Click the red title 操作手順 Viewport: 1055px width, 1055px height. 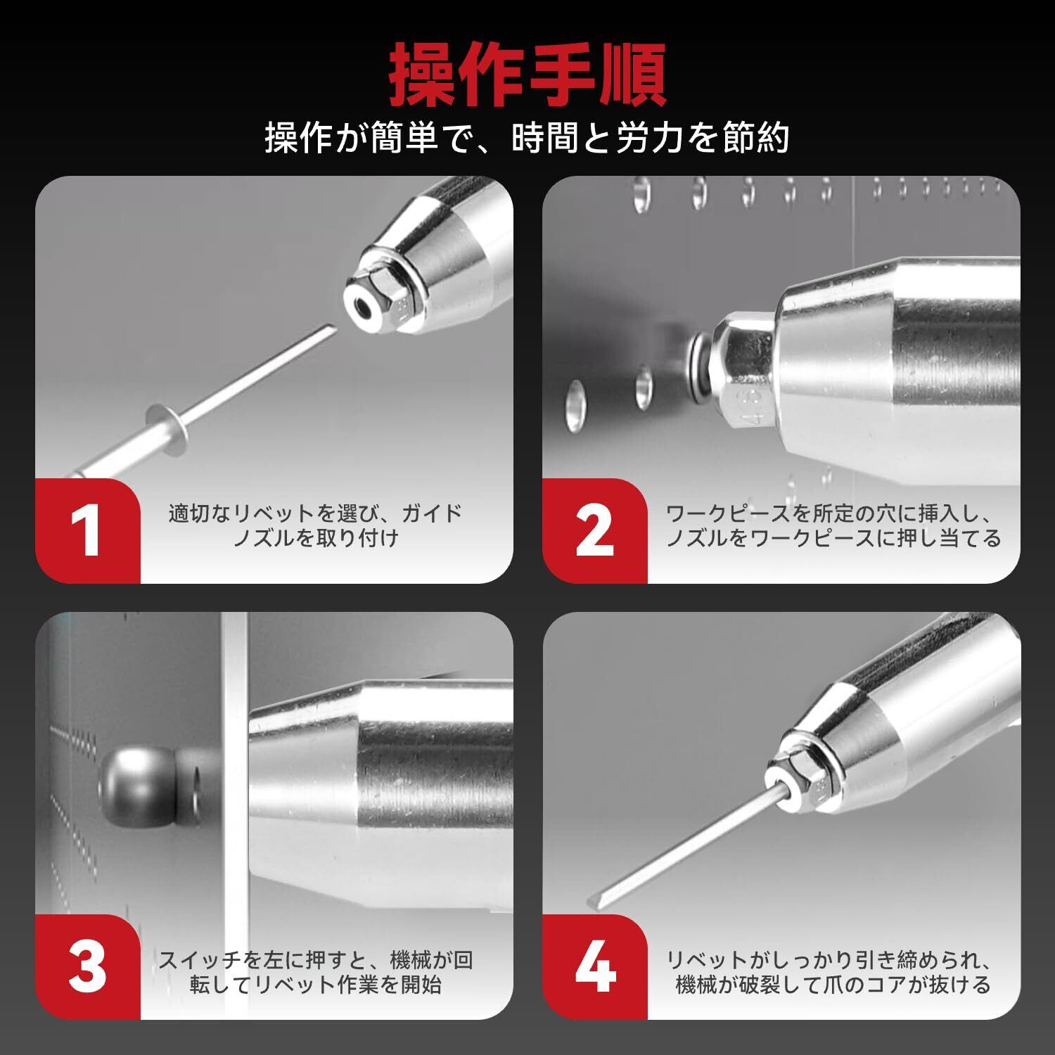point(527,75)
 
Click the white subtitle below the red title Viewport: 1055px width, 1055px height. point(527,137)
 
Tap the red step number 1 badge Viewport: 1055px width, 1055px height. point(88,531)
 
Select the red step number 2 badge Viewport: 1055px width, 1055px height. point(595,531)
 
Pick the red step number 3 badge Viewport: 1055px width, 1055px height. point(88,967)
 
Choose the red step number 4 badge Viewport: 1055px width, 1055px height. point(595,967)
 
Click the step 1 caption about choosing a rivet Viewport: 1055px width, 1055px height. point(315,525)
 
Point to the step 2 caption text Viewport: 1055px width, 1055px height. point(833,525)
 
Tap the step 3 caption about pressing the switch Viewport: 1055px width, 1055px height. point(315,971)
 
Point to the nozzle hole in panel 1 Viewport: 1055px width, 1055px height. point(364,307)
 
